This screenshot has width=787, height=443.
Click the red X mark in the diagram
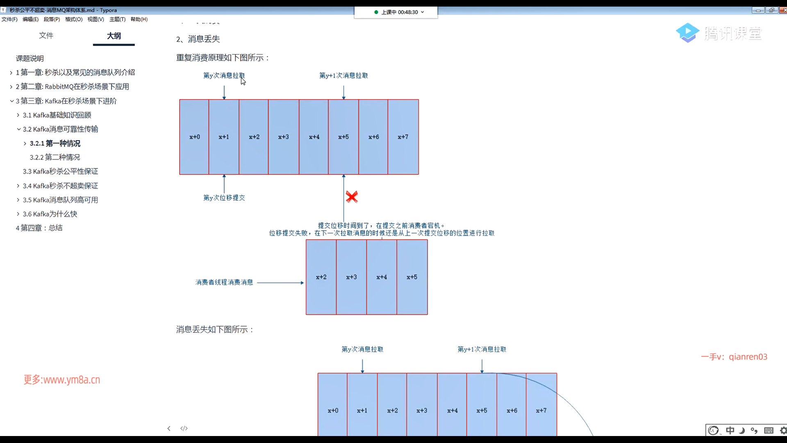352,197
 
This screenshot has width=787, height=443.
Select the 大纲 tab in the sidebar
114,36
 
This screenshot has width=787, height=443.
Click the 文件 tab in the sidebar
46,36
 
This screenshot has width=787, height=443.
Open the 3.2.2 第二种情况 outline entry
55,158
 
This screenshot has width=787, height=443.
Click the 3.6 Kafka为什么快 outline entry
50,214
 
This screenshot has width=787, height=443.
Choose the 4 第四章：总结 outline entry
39,228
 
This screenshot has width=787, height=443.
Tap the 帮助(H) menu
139,19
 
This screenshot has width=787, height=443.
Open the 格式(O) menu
74,19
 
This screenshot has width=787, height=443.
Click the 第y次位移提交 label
224,198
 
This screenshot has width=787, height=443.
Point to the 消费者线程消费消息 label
224,282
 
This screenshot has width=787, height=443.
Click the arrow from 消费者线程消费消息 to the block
280,283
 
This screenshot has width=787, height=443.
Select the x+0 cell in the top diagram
194,137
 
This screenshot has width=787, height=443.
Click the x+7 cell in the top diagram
403,137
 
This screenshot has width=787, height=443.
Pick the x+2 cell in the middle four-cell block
321,277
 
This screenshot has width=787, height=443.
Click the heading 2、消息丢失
198,39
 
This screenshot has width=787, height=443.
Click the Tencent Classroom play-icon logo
687,33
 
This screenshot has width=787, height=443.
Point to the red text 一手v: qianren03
734,357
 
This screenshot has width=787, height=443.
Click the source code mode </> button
184,428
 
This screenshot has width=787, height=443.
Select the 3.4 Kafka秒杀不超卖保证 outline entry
60,186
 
